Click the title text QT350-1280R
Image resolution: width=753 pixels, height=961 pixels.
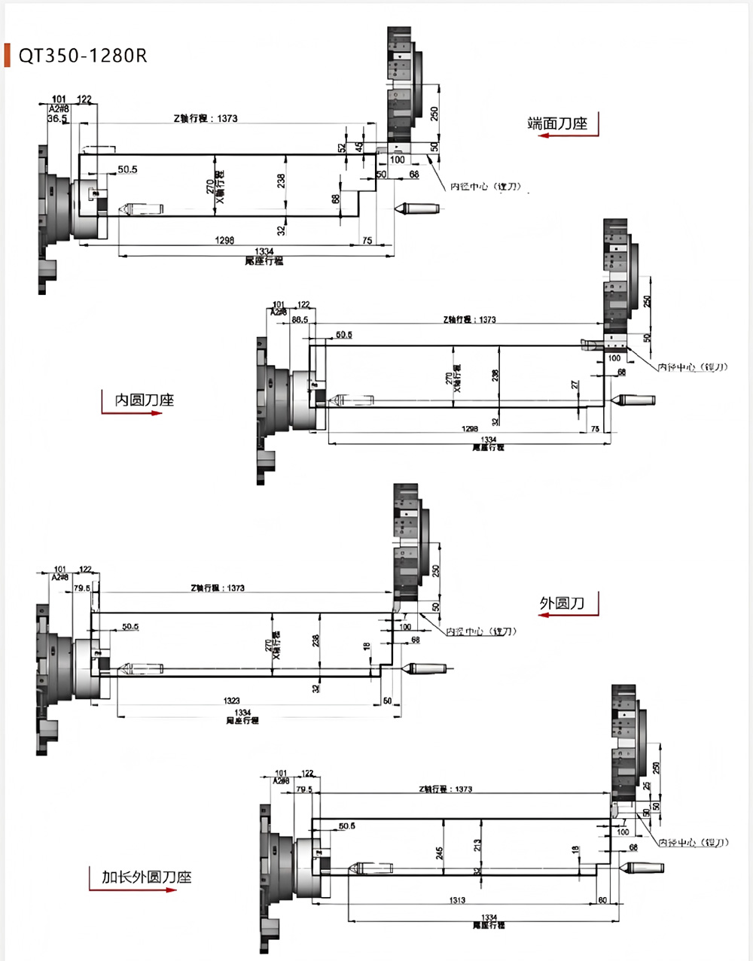83,56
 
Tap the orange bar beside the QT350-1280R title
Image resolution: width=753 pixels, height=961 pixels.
8,56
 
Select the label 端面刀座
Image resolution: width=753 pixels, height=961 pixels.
557,123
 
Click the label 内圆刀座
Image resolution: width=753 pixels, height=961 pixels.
144,400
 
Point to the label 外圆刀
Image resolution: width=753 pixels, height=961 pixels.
562,603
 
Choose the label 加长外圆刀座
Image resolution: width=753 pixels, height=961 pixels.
147,877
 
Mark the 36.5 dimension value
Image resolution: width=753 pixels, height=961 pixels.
58,119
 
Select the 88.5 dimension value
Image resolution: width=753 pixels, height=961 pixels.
299,320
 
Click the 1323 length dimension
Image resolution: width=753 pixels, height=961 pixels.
232,701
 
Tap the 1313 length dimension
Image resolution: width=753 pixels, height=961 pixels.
457,900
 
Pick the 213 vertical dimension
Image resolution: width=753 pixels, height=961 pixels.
477,846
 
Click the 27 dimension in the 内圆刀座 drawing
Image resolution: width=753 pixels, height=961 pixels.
575,385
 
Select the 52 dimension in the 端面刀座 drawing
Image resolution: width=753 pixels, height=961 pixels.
341,148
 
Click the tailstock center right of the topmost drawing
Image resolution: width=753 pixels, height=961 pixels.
410,208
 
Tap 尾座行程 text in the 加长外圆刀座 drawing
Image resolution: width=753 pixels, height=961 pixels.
489,925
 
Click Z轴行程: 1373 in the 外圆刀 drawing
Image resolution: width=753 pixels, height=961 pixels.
218,588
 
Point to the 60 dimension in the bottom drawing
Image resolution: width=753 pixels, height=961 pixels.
602,900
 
